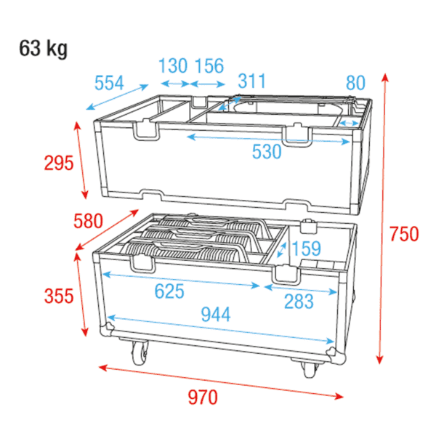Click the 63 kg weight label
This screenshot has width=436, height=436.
click(x=43, y=49)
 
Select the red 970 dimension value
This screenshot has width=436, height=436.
click(x=203, y=397)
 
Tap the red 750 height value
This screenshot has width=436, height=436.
click(x=404, y=234)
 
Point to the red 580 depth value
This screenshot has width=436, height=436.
click(x=88, y=221)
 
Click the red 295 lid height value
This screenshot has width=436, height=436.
click(x=59, y=163)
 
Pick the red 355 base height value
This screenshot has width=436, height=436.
click(x=59, y=296)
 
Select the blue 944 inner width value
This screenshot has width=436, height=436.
click(x=216, y=314)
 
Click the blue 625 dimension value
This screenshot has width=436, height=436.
click(x=169, y=291)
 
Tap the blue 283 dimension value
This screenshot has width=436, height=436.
click(x=299, y=302)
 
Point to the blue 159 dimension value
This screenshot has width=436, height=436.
click(x=307, y=249)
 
